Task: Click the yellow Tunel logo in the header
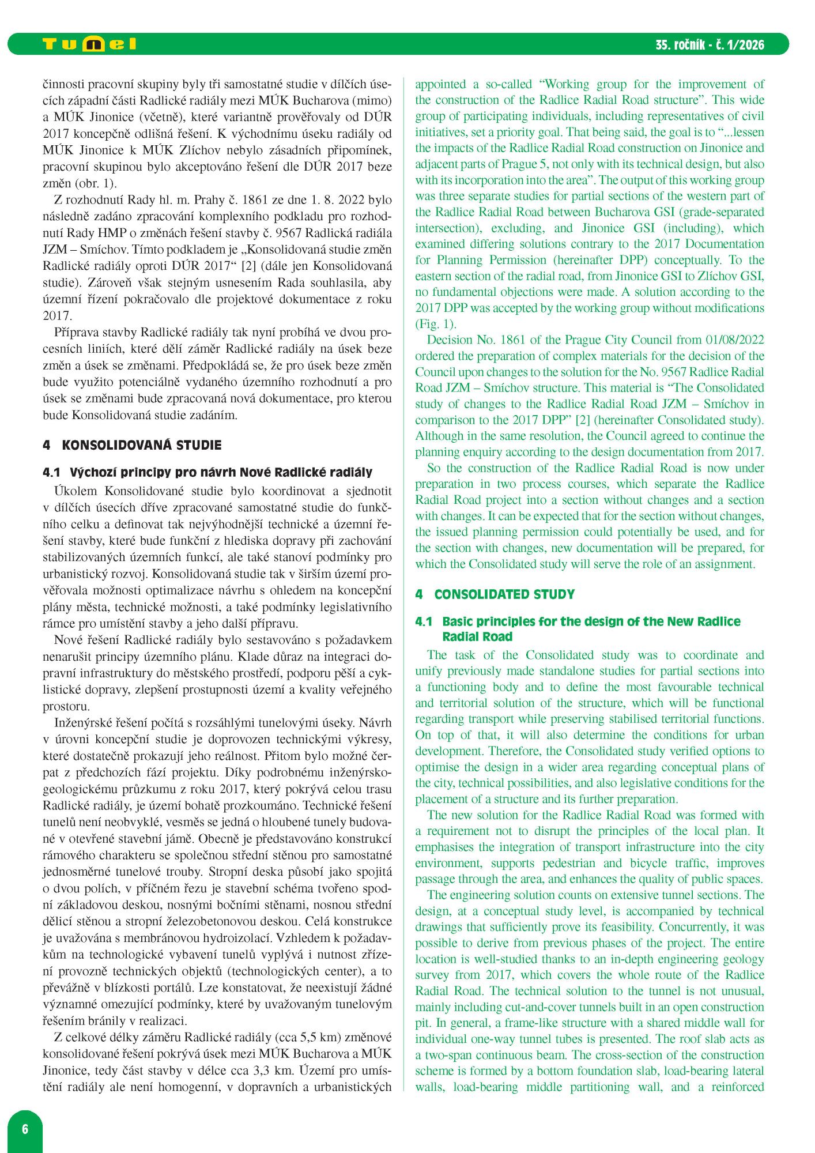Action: pyautogui.click(x=89, y=44)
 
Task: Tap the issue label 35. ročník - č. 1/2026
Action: pyautogui.click(x=710, y=45)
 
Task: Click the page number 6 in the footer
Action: pyautogui.click(x=25, y=1129)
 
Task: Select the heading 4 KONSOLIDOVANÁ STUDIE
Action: pyautogui.click(x=132, y=445)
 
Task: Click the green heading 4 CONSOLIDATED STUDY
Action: pyautogui.click(x=495, y=594)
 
